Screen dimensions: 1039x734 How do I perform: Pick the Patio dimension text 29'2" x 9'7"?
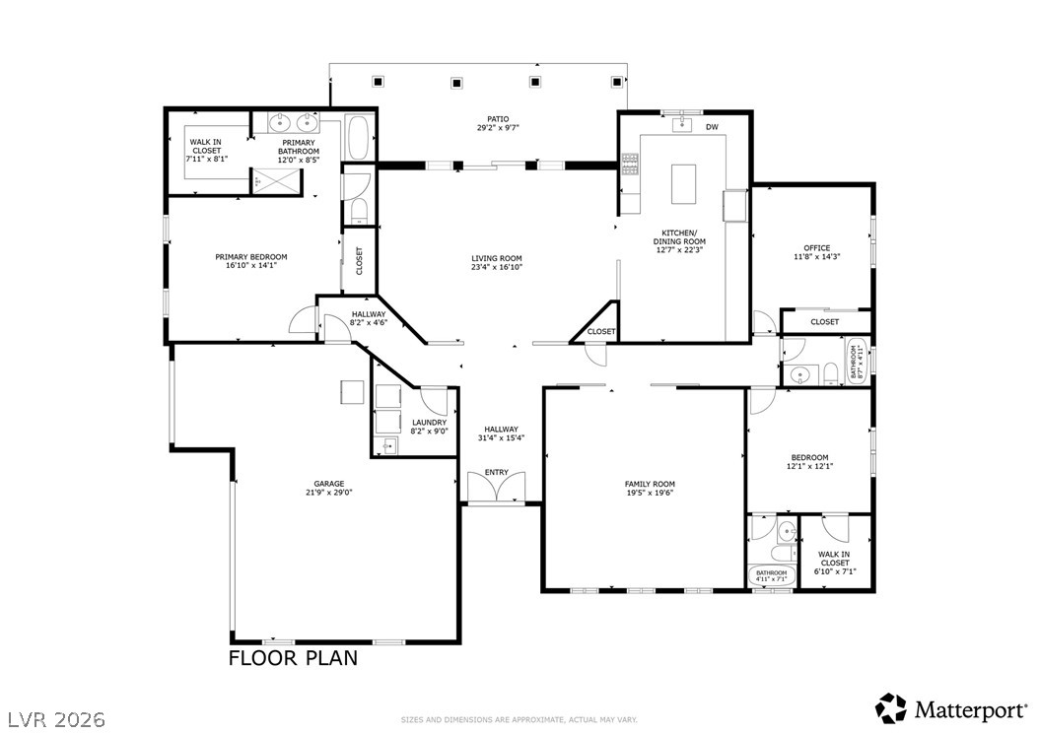(x=498, y=128)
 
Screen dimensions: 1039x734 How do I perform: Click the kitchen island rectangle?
(x=684, y=183)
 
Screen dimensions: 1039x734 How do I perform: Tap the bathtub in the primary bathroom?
(x=360, y=138)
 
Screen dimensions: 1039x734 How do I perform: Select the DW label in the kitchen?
(x=712, y=127)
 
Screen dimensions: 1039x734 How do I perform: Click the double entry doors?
(x=496, y=487)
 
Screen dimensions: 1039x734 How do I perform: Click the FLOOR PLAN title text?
(x=293, y=658)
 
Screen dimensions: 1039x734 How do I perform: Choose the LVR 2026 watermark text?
(x=57, y=719)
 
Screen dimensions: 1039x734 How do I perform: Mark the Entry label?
(x=496, y=472)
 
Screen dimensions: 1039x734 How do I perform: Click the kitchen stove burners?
(x=630, y=165)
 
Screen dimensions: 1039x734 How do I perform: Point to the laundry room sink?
(x=388, y=446)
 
